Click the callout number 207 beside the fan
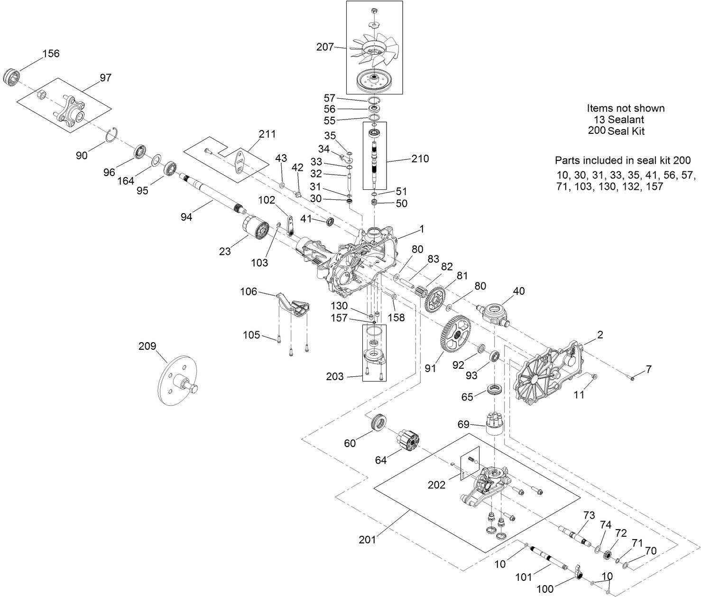point(325,47)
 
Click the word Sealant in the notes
point(626,120)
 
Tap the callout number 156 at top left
point(51,53)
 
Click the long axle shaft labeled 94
point(213,195)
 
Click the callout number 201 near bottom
point(367,539)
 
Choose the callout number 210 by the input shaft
point(420,159)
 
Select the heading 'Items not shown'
point(626,108)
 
